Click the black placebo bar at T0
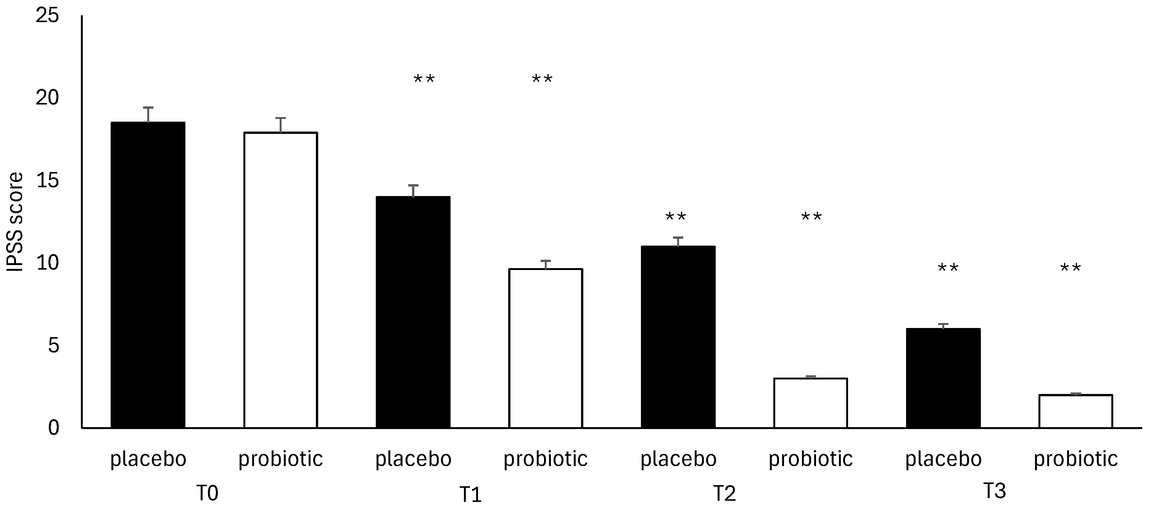pos(148,275)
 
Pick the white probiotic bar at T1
pos(545,349)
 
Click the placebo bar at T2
pos(678,337)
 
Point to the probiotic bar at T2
pos(811,403)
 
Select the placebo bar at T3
pos(943,378)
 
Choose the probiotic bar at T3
pos(1075,411)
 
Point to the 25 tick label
pos(47,16)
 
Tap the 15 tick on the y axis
pos(47,181)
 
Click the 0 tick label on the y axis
pos(54,428)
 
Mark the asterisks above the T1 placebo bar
pos(423,80)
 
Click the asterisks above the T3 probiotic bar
pos(1071,268)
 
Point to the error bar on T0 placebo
pos(148,114)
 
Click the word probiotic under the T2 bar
pos(811,459)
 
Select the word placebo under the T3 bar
pos(943,459)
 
